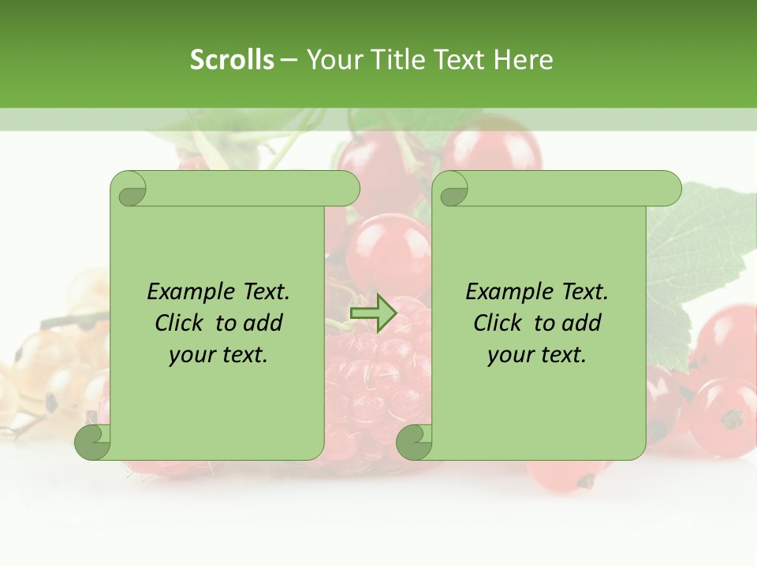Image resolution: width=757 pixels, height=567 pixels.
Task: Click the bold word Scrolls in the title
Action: [232, 60]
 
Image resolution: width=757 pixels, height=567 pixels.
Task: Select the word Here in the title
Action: [523, 60]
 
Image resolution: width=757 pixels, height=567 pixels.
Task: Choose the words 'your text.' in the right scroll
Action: [537, 355]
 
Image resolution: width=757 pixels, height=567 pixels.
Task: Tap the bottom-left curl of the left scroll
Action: [92, 443]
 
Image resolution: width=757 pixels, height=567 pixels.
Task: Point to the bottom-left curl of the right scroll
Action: [413, 443]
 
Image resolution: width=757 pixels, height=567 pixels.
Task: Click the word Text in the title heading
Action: [461, 60]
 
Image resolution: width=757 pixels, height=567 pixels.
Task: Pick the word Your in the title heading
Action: [330, 60]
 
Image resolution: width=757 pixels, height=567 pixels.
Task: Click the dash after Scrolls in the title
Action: [289, 60]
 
